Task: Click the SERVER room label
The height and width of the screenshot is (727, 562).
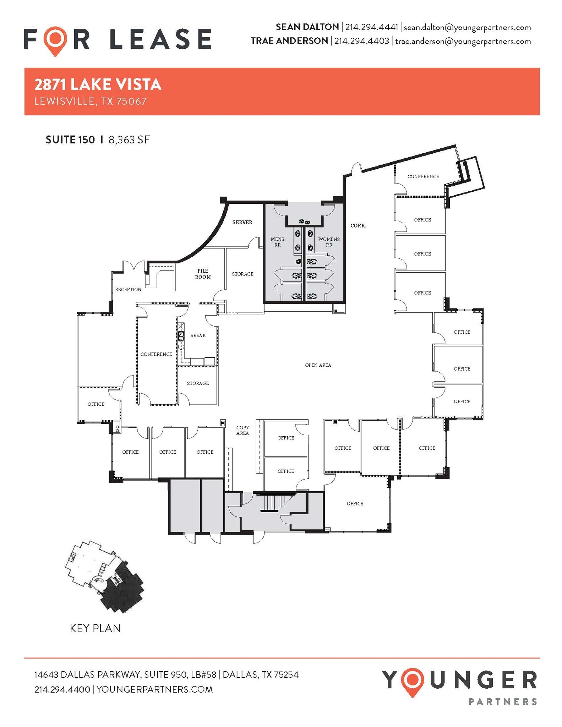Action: coord(242,222)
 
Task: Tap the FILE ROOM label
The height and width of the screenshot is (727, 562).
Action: coord(203,274)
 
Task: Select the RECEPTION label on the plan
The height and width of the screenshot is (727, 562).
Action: coord(128,289)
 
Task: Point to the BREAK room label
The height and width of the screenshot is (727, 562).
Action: coord(198,335)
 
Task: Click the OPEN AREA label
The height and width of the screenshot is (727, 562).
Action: coord(318,365)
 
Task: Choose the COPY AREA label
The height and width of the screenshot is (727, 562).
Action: coord(242,430)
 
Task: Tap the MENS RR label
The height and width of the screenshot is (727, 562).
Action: coord(277,242)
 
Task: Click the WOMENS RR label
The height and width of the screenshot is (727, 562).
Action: coord(329,242)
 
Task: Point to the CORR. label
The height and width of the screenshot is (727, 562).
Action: coord(358,225)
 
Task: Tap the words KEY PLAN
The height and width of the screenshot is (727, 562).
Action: coord(95,628)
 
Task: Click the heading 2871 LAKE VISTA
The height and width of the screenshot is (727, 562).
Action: coord(98,84)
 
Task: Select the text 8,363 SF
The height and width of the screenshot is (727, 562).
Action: coord(129,140)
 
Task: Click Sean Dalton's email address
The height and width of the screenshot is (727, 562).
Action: coord(467,27)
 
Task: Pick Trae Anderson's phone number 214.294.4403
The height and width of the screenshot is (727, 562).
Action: coord(361,41)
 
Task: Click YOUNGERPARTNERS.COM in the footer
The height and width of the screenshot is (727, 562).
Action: coord(154,689)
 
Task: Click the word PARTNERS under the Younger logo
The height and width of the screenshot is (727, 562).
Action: coord(503,701)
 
